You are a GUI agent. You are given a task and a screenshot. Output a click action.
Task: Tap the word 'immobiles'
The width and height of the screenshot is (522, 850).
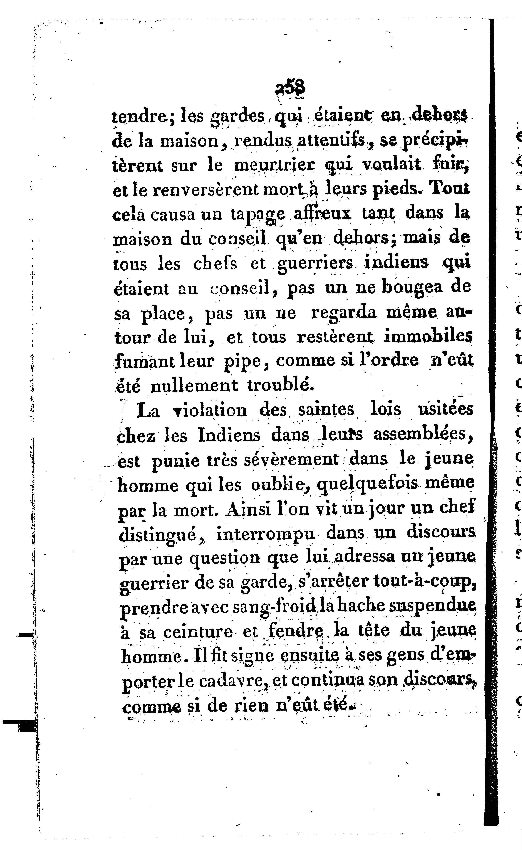pyautogui.click(x=428, y=336)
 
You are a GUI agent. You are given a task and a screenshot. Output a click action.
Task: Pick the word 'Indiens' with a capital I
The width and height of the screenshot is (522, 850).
pyautogui.click(x=229, y=435)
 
